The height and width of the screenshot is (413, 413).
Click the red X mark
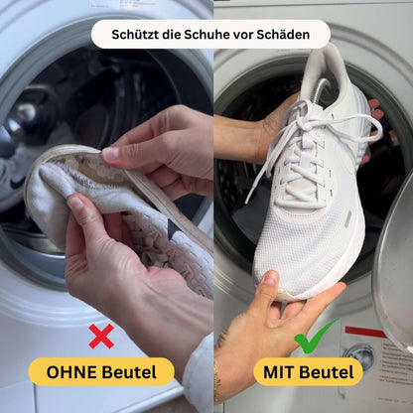[x=100, y=337]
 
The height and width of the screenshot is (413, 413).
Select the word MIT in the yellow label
[x=284, y=372]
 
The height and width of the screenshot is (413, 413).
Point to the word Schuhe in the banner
[x=209, y=35]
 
